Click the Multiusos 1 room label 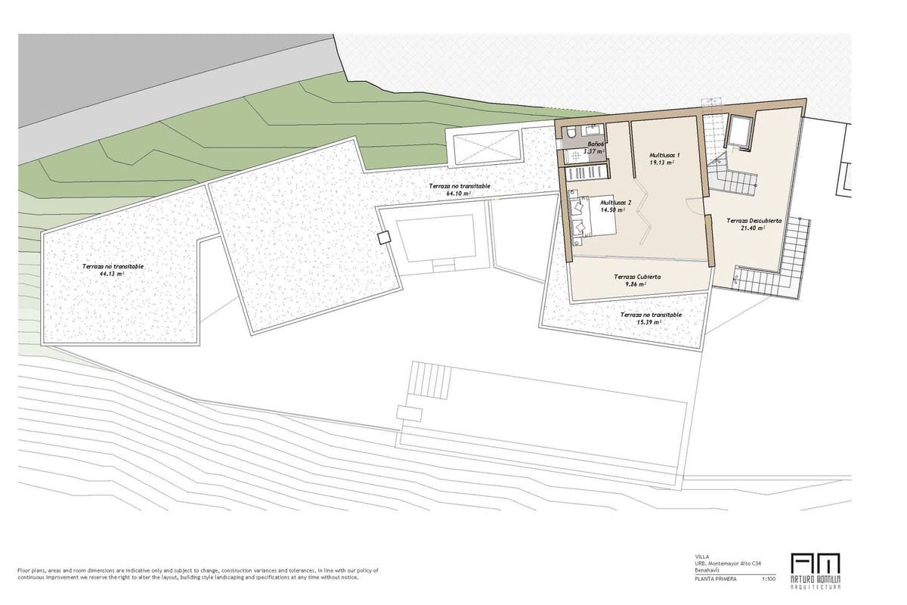[664, 155]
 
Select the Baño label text [595, 143]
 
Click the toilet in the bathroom [571, 133]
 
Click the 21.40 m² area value [754, 228]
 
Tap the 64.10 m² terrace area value [459, 194]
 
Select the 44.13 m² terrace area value [111, 275]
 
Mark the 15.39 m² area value [650, 322]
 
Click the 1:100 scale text [769, 579]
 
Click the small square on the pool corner [383, 237]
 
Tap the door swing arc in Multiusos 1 [692, 206]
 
